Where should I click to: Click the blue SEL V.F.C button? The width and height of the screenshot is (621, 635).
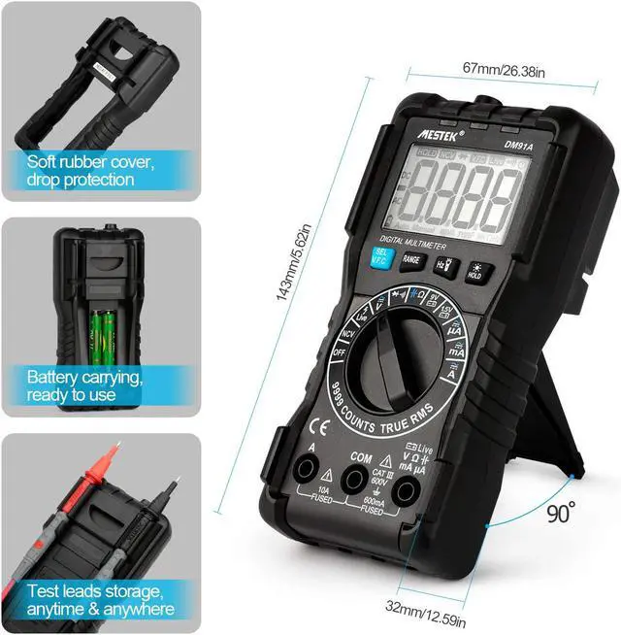coord(380,257)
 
